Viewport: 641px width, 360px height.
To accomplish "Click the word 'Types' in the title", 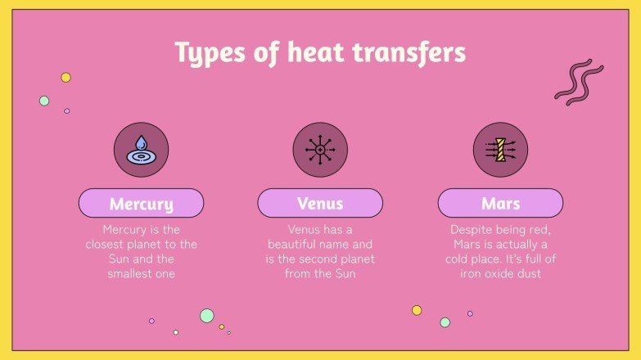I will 208,54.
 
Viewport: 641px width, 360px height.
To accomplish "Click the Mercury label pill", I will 141,203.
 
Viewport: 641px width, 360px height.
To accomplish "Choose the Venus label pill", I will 320,203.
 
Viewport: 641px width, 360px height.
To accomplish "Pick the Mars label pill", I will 500,203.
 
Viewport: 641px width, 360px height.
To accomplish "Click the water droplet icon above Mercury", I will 141,151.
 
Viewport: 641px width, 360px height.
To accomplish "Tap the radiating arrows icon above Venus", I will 320,151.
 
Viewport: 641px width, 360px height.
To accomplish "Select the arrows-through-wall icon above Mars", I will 500,151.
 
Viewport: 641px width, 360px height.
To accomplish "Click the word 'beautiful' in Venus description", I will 296,245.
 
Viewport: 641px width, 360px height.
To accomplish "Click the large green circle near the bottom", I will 207,316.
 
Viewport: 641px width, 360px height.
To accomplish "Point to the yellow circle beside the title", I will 66,78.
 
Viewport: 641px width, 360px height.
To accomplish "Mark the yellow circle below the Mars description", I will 417,310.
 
